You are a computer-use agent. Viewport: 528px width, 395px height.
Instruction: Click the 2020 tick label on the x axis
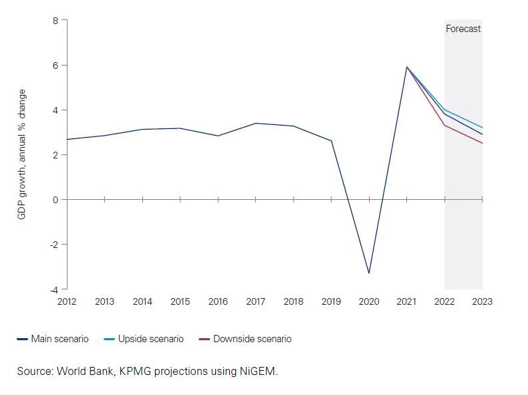(x=369, y=301)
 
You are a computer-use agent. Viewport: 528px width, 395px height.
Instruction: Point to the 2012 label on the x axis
(x=67, y=301)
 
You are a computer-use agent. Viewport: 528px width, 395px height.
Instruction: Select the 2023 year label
(x=482, y=301)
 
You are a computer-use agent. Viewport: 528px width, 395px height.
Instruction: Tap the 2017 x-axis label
(x=255, y=301)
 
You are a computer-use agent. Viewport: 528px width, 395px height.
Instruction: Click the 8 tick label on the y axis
(x=55, y=21)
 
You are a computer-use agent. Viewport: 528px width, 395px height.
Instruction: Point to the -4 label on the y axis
(x=53, y=289)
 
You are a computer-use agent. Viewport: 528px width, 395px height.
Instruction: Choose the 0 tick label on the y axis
(x=55, y=199)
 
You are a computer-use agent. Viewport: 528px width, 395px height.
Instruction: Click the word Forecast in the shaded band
(x=463, y=29)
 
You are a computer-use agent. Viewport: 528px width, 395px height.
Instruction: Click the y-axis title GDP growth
(x=22, y=154)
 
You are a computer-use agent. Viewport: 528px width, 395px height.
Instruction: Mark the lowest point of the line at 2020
(x=369, y=273)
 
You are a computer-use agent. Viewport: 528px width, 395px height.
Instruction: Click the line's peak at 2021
(x=406, y=67)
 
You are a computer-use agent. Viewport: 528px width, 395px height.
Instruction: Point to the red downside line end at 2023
(x=482, y=143)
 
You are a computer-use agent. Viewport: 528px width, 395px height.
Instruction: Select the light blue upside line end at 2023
(x=482, y=128)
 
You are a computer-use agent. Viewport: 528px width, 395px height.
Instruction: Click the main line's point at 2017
(x=255, y=123)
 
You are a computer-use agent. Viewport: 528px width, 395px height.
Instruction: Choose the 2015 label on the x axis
(x=180, y=301)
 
